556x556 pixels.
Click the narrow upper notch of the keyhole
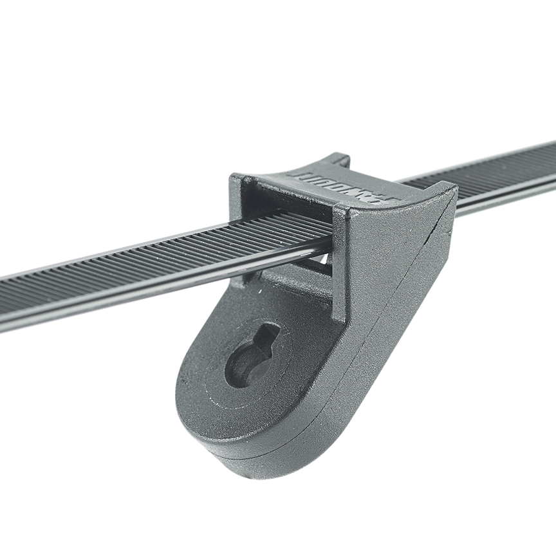point(269,335)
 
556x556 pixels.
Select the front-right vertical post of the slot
point(340,257)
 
